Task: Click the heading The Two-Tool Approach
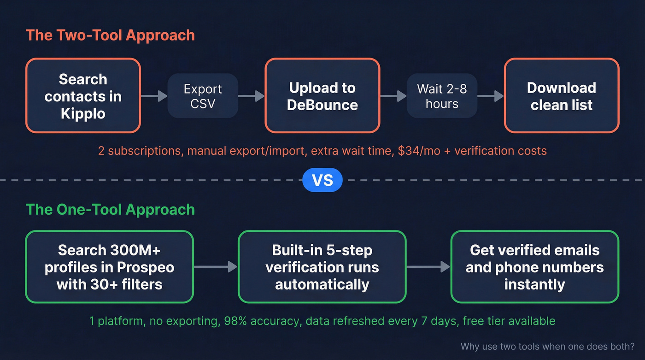[110, 35]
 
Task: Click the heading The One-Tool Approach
[110, 209]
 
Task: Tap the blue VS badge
[322, 180]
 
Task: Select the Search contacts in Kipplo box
[83, 96]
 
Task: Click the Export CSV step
[203, 96]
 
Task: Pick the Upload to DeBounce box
[322, 96]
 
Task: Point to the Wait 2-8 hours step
[442, 96]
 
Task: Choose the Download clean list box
[561, 96]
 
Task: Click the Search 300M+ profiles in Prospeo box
[109, 267]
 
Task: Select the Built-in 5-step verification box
[322, 267]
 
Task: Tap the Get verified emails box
[534, 267]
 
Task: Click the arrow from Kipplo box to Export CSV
[154, 96]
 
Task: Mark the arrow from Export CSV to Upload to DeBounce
[252, 96]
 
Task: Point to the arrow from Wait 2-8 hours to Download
[491, 96]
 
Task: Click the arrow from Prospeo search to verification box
[216, 266]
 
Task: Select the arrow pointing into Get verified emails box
[428, 266]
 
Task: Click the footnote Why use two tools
[547, 346]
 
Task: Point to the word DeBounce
[322, 105]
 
